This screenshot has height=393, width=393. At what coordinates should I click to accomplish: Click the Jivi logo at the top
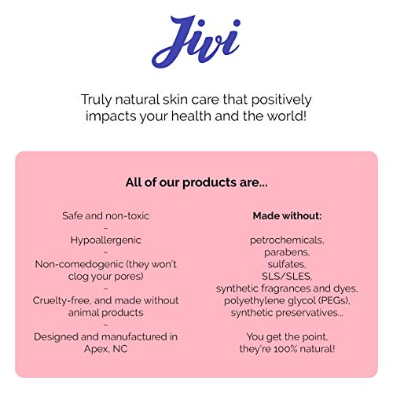[x=196, y=44]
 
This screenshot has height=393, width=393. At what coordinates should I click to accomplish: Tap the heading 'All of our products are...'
[x=196, y=182]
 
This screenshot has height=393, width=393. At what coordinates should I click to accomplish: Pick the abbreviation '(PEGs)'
[x=332, y=300]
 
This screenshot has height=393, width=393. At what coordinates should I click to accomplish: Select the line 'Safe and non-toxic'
[x=106, y=215]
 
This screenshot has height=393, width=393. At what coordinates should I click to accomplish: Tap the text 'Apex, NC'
[x=106, y=348]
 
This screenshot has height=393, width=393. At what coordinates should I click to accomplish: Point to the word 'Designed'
[x=57, y=336]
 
